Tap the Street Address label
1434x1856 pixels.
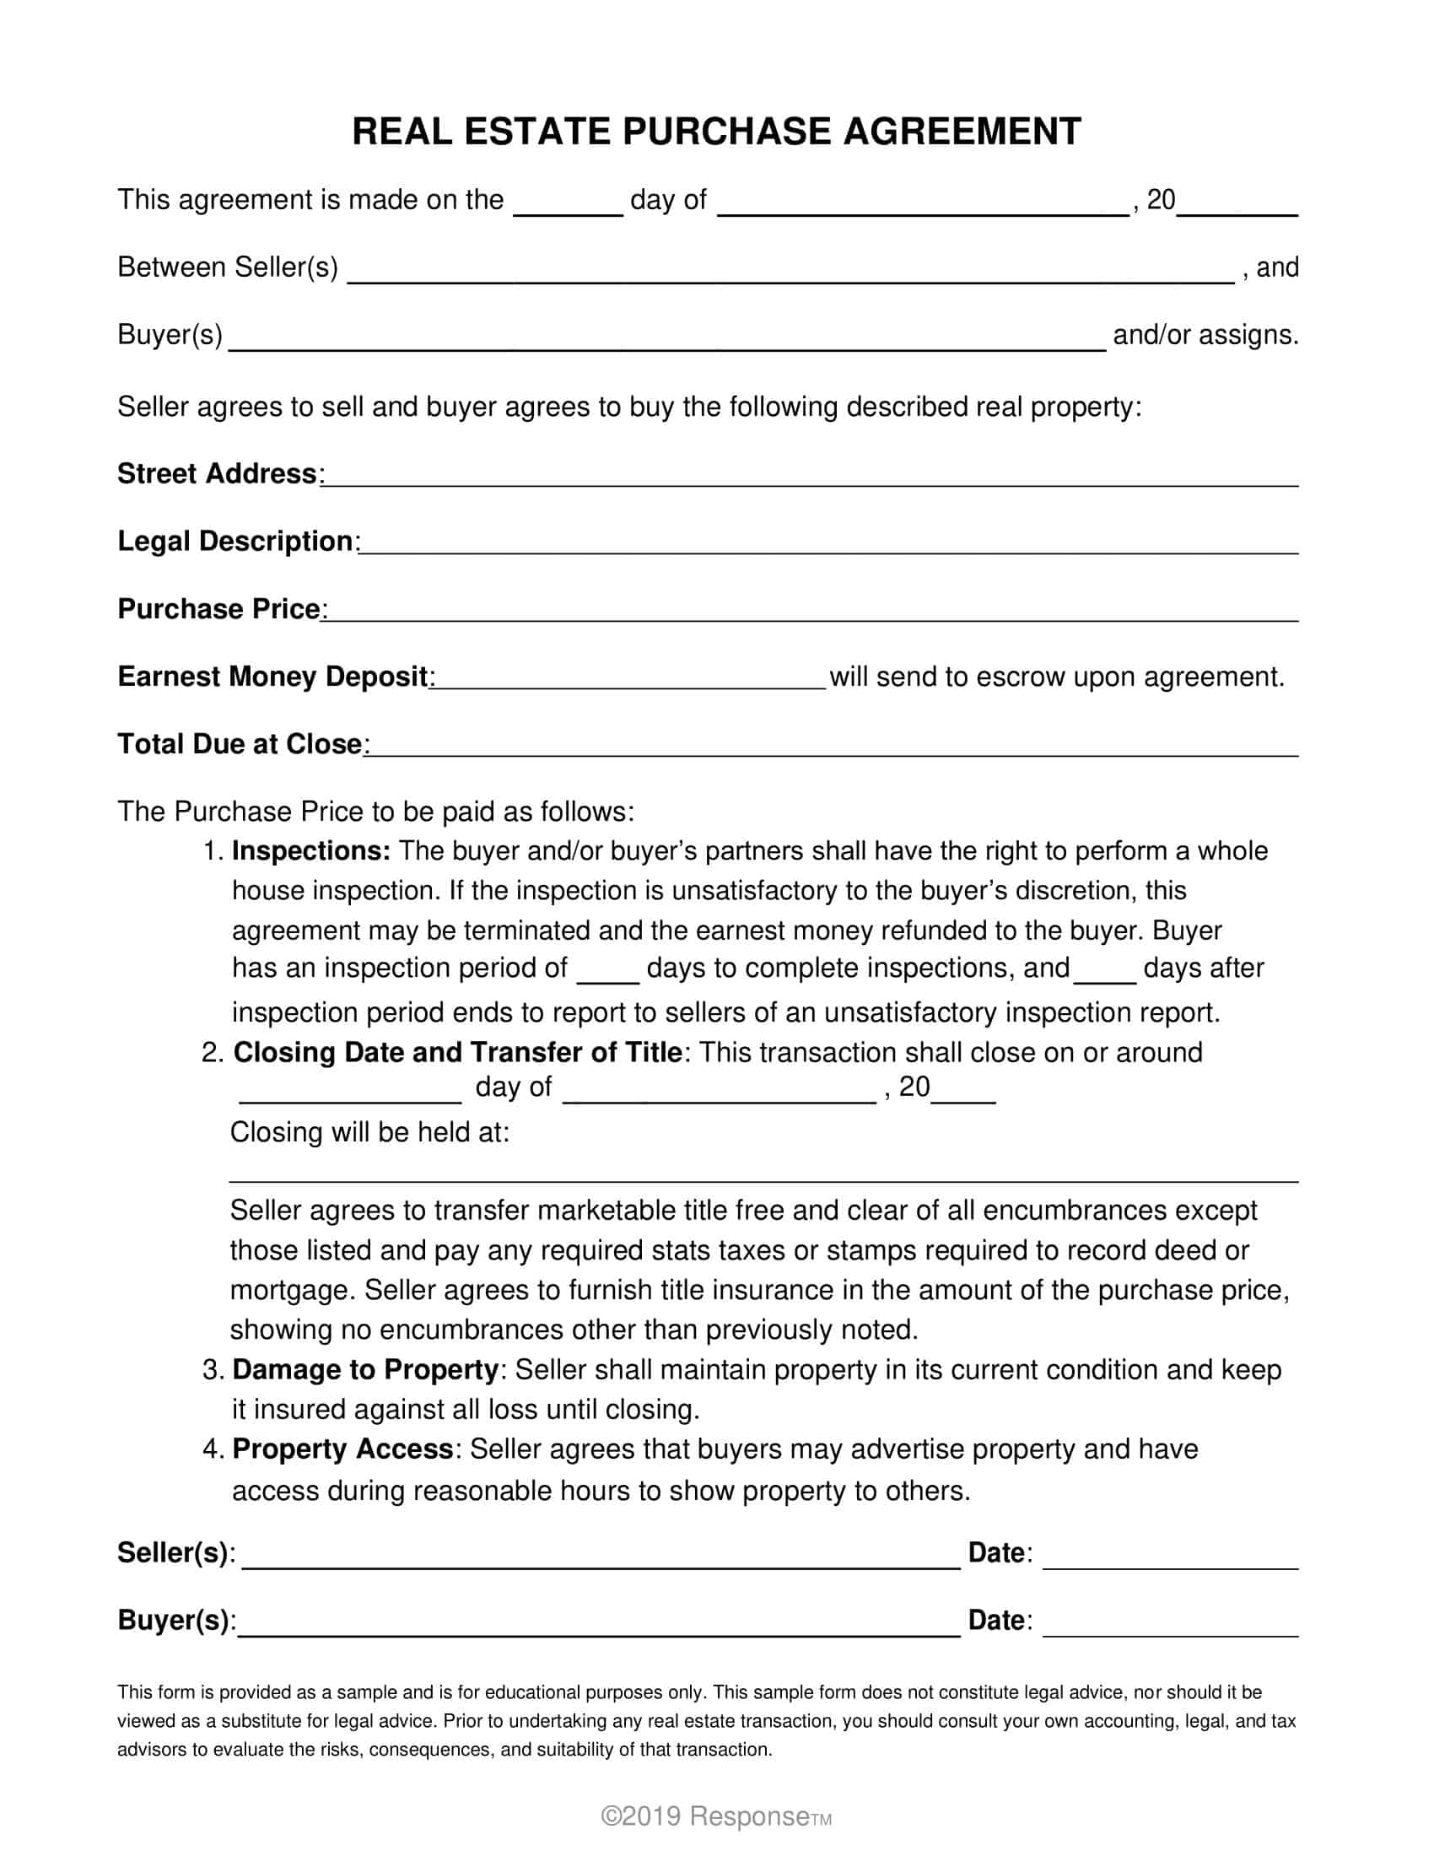[217, 473]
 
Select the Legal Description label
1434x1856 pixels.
[235, 542]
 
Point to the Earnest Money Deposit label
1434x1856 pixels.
[272, 677]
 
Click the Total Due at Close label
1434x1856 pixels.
[240, 744]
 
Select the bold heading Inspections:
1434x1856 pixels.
[311, 850]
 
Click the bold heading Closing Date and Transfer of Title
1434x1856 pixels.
[458, 1052]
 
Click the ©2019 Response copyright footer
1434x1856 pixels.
[715, 1817]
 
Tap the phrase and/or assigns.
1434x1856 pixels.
[1205, 335]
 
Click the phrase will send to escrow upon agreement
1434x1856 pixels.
[1056, 677]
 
